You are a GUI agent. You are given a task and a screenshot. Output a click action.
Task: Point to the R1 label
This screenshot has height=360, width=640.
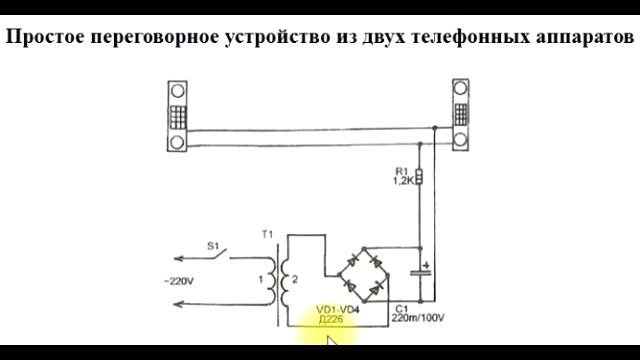pyautogui.click(x=404, y=169)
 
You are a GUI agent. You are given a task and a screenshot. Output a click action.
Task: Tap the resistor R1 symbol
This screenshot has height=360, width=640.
pyautogui.click(x=419, y=178)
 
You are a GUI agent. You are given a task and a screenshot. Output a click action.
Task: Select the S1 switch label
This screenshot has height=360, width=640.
pyautogui.click(x=212, y=244)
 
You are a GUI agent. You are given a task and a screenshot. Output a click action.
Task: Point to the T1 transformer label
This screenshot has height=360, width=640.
pyautogui.click(x=266, y=235)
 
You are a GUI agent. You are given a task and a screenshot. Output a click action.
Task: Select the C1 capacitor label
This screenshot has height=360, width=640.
pyautogui.click(x=402, y=308)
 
